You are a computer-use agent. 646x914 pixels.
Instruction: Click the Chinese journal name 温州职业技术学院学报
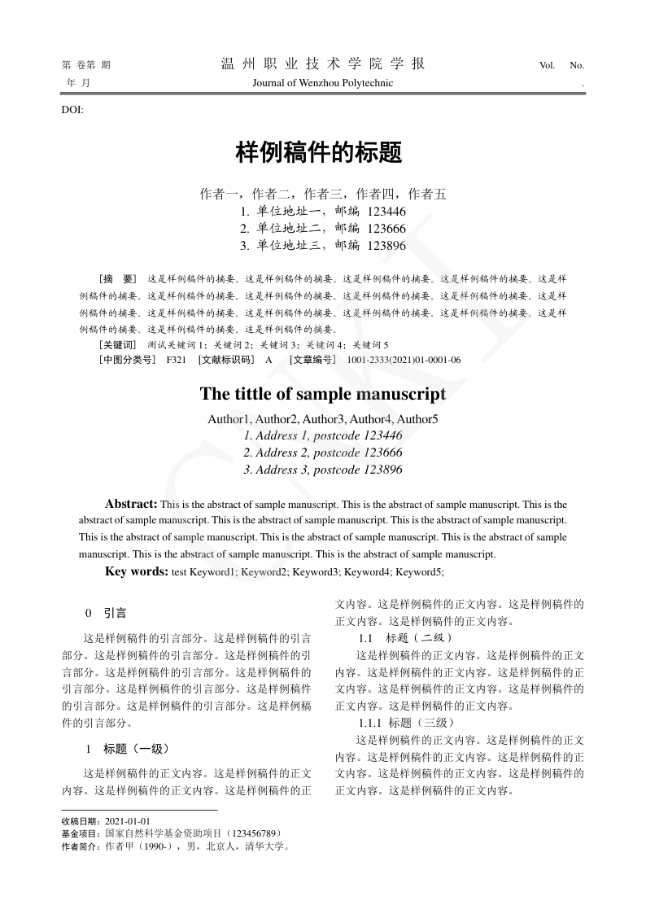[x=323, y=64]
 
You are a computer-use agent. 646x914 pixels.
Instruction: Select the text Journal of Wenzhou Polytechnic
[x=323, y=83]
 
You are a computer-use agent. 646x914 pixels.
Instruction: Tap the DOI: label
[x=72, y=109]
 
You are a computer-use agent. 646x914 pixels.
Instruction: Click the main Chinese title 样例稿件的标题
[x=319, y=151]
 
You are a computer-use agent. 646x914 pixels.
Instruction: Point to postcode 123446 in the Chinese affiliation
[x=386, y=212]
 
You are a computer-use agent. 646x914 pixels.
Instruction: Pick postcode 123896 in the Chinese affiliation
[x=386, y=245]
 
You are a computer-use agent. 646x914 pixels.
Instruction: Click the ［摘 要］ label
[x=118, y=278]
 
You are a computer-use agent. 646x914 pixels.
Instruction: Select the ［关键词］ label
[x=118, y=344]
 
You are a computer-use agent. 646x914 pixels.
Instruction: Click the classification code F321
[x=177, y=359]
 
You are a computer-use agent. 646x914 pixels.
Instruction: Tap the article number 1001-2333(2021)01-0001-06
[x=404, y=359]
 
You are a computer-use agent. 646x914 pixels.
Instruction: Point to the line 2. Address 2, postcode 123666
[x=323, y=453]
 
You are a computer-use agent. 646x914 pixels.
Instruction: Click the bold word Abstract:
[x=131, y=504]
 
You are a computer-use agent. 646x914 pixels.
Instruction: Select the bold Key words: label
[x=137, y=571]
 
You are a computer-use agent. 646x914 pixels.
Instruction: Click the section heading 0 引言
[x=106, y=613]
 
